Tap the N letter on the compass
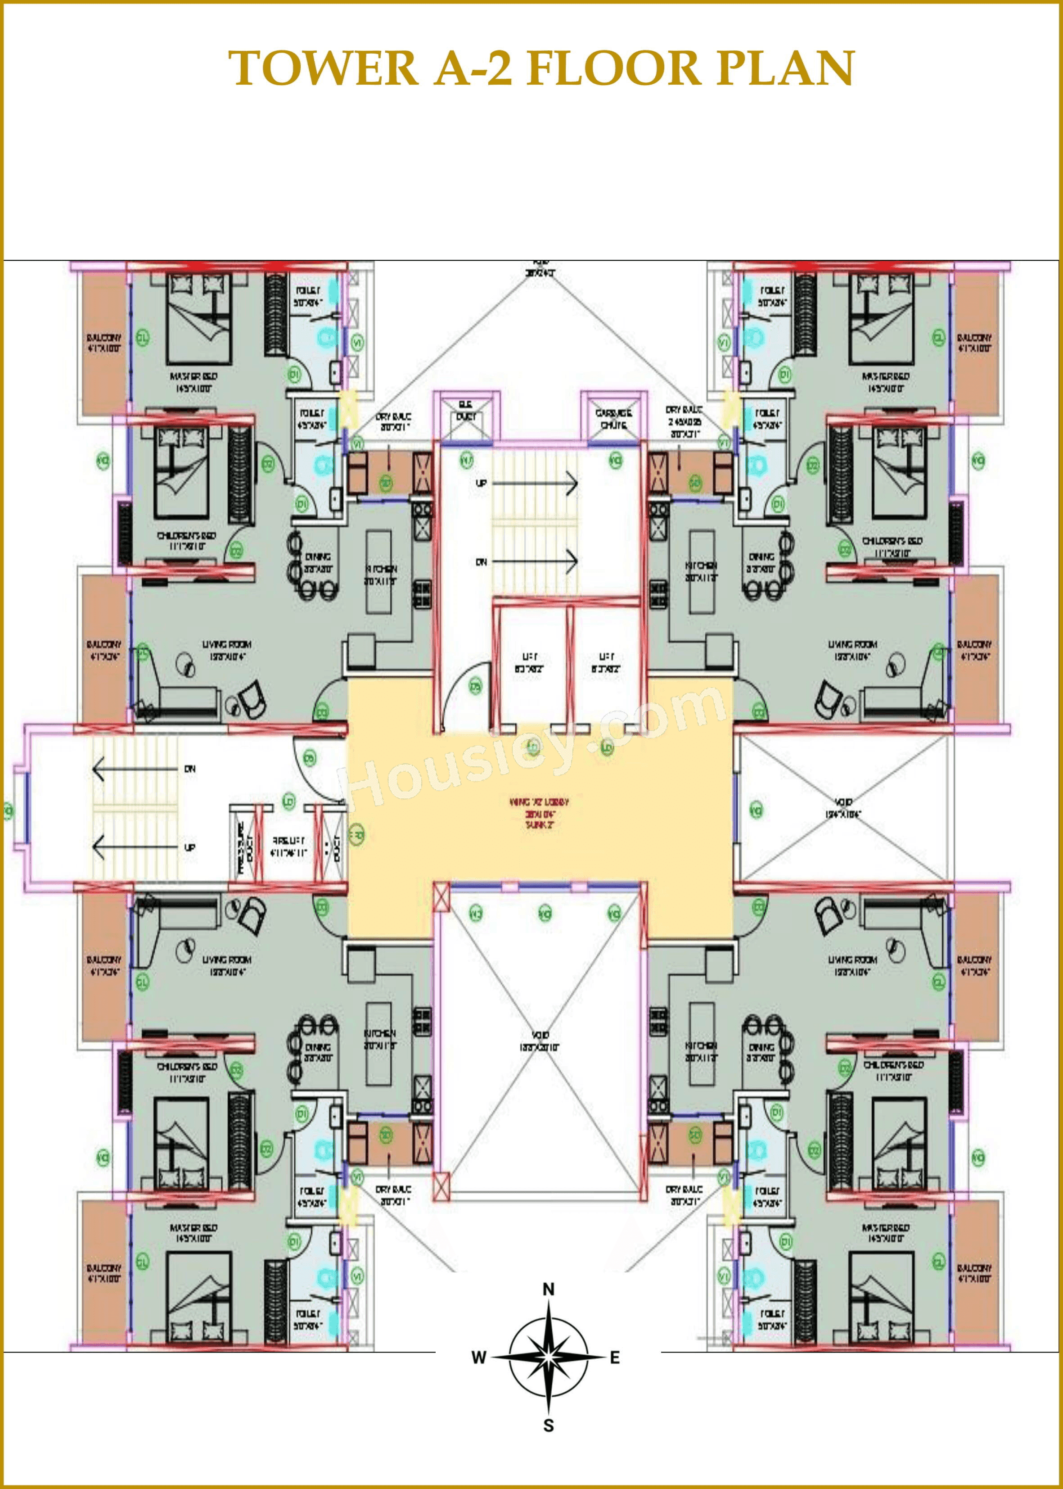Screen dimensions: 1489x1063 549,1289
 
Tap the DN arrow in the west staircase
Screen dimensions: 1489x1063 137,769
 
